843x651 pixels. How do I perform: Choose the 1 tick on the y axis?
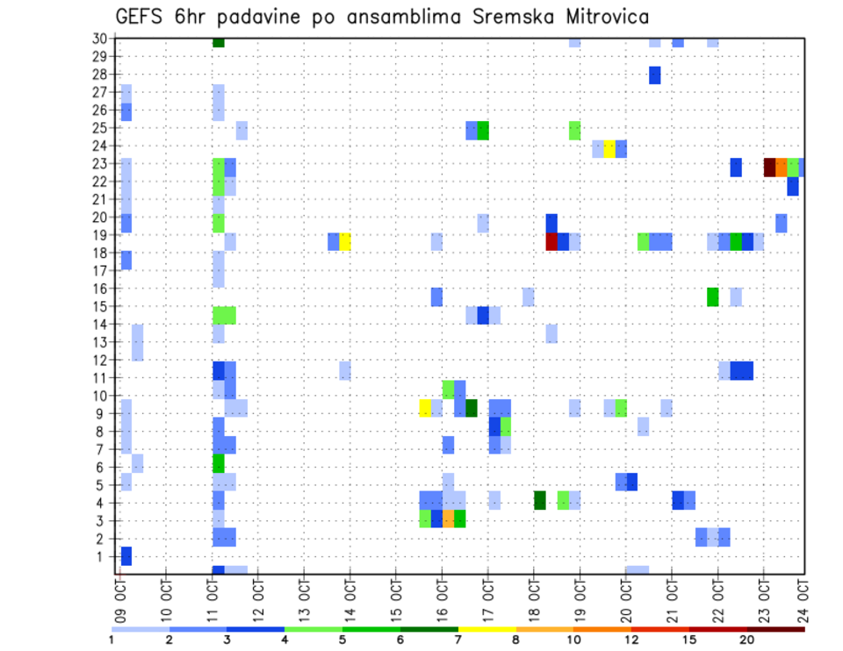(x=103, y=556)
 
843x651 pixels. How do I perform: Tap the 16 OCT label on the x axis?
(x=443, y=593)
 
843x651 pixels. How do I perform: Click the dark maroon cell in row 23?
(x=769, y=167)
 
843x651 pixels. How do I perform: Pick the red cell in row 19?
(x=551, y=241)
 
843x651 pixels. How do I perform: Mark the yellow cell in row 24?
(x=609, y=148)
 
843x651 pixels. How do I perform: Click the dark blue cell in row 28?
(x=655, y=75)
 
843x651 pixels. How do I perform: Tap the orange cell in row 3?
(x=448, y=519)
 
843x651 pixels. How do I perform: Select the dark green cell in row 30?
(x=219, y=42)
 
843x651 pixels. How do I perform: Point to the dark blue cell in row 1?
(x=126, y=555)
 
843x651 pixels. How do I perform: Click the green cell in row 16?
(x=712, y=297)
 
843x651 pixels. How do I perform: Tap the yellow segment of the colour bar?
(x=487, y=629)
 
